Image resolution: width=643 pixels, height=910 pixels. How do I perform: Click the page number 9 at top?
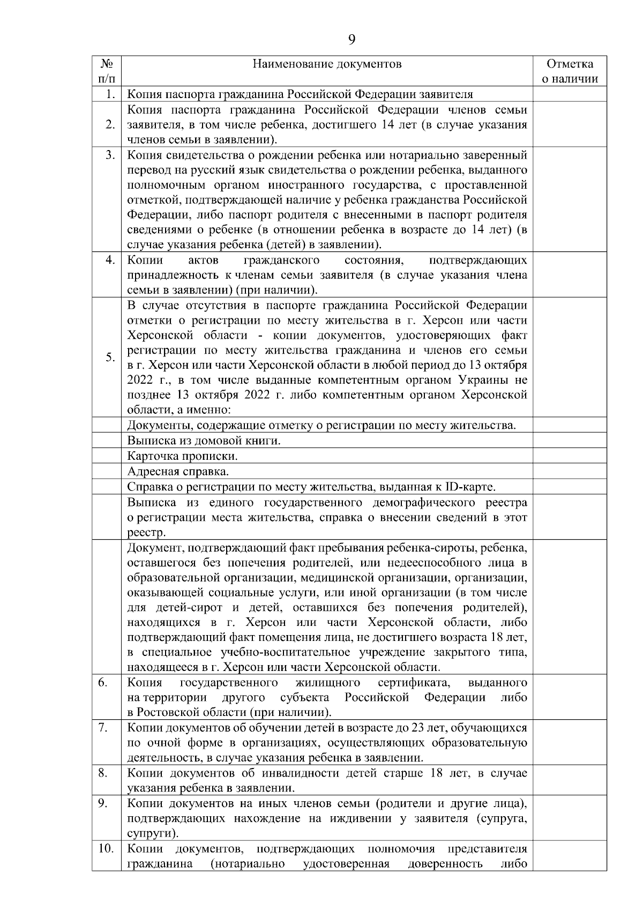point(352,40)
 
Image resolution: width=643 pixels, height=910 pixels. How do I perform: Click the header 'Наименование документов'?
point(327,64)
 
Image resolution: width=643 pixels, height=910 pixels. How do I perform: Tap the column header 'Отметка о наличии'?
point(570,71)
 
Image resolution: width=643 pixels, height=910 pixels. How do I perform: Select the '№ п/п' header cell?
point(107,71)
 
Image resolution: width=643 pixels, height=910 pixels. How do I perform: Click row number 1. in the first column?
point(110,95)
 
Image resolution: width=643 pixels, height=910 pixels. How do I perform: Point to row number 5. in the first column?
point(110,357)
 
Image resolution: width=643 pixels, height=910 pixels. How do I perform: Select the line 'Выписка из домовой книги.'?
point(204,441)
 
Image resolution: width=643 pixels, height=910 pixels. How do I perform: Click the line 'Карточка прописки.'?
point(182,456)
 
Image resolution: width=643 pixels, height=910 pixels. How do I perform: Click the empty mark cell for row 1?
point(570,95)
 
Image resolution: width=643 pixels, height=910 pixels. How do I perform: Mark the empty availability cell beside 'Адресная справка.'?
point(570,472)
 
